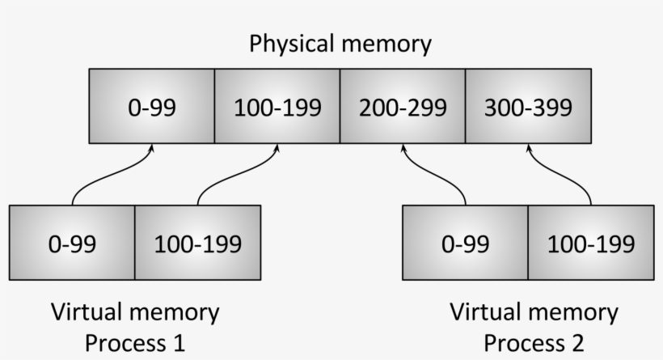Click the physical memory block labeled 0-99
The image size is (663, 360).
151,106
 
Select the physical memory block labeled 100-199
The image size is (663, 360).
277,106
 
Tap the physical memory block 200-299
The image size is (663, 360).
403,106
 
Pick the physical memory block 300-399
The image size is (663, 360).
528,106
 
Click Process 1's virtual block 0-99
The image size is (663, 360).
71,243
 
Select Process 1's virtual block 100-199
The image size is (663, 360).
197,243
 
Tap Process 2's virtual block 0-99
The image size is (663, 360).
465,243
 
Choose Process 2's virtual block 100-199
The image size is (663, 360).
591,243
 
